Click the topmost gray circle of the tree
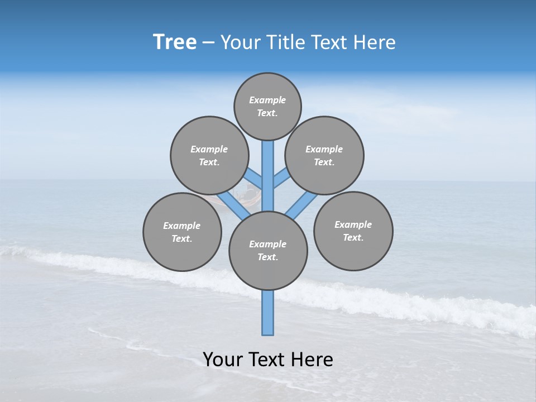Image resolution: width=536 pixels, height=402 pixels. tap(267, 106)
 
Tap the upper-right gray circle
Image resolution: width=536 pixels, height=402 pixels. tap(324, 155)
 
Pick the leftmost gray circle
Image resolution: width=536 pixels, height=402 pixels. tap(182, 232)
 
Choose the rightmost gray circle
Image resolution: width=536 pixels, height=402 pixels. tap(353, 231)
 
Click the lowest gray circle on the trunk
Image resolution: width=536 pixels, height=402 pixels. tap(268, 251)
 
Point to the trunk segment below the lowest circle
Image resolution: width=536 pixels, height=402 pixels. tap(268, 313)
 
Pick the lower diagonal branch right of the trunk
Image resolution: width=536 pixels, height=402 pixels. tap(302, 205)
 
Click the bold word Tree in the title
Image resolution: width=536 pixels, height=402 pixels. tap(175, 42)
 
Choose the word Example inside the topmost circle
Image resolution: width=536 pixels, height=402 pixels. tap(267, 100)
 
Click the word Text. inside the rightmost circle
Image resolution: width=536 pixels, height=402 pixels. tap(353, 237)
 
